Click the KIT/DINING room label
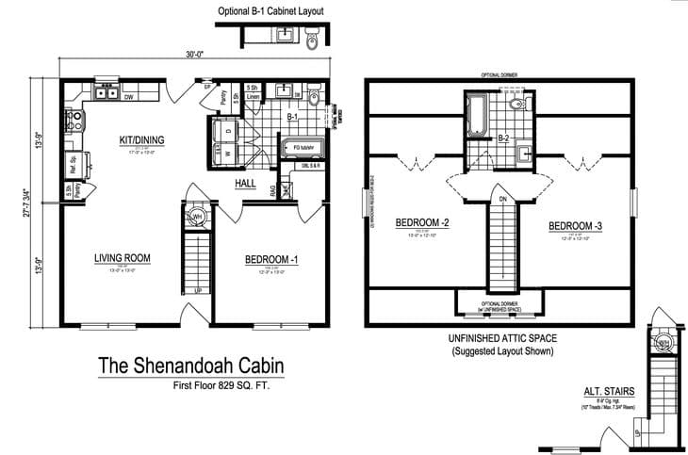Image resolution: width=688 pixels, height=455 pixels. coord(142,140)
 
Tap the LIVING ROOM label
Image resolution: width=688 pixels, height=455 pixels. coord(123,257)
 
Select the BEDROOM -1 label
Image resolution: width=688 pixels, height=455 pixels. coord(271,259)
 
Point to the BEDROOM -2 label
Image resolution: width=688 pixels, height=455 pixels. coord(420,222)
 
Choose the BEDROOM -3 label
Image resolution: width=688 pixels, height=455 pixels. coord(574,226)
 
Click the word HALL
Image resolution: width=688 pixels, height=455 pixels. coord(247,184)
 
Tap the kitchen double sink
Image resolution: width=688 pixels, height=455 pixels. coord(105,93)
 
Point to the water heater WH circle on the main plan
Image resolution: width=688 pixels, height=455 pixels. coord(198,218)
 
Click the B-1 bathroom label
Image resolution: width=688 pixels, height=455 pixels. coord(292,118)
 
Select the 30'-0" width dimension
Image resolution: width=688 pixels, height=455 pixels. coord(194,55)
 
